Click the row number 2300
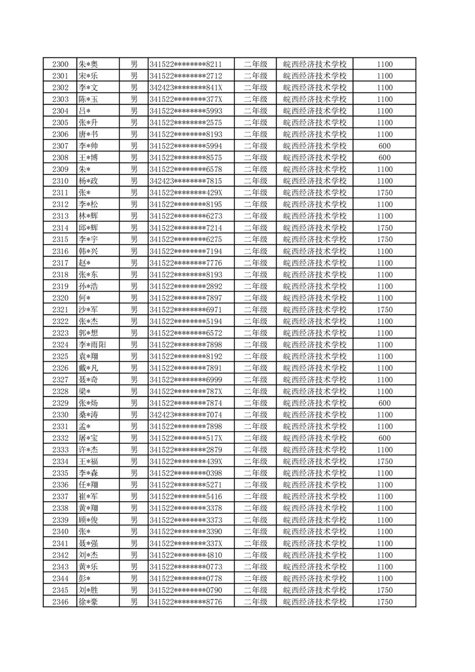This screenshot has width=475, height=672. [x=60, y=64]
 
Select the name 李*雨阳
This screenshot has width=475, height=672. [x=92, y=344]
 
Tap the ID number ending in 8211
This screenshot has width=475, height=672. [x=186, y=64]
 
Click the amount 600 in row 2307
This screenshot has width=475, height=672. [x=385, y=146]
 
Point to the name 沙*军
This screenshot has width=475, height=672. [x=88, y=310]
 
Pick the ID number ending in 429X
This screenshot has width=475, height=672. [x=186, y=193]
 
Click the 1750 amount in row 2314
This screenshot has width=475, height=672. [x=385, y=228]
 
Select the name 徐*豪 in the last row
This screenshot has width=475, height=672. [x=88, y=601]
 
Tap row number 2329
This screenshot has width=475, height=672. [x=60, y=403]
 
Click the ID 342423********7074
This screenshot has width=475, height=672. [x=186, y=414]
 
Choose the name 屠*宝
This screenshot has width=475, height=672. [x=88, y=438]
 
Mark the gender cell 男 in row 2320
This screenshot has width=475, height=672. [x=134, y=298]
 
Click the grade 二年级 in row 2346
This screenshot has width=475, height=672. [x=255, y=601]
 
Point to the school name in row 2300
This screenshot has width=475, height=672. [x=314, y=64]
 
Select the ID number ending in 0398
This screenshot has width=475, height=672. [x=186, y=473]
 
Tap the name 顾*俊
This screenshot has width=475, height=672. [x=88, y=520]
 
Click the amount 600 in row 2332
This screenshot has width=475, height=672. [x=385, y=438]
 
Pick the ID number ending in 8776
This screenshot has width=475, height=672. [x=186, y=601]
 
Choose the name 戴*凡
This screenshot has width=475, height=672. [x=88, y=368]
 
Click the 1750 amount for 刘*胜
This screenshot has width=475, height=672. [x=385, y=590]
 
